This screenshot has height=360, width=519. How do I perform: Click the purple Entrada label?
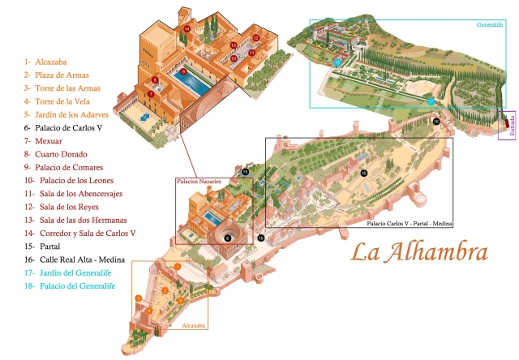pos(511,125)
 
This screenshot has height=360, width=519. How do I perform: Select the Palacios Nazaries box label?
pos(199,182)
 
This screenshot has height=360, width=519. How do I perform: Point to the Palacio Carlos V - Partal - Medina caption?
pos(410,222)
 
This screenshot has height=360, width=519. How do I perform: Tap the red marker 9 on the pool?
pos(184,71)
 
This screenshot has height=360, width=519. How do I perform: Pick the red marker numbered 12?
pos(255,38)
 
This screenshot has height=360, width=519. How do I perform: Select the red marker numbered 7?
pos(150,95)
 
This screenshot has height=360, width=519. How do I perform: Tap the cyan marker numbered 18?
pos(337,62)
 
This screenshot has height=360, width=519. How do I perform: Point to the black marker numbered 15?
pos(244,173)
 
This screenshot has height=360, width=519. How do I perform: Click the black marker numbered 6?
pos(228,238)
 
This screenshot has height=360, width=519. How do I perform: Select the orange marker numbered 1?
pos(177,267)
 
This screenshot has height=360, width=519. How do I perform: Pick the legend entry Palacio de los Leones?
pos(69,180)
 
